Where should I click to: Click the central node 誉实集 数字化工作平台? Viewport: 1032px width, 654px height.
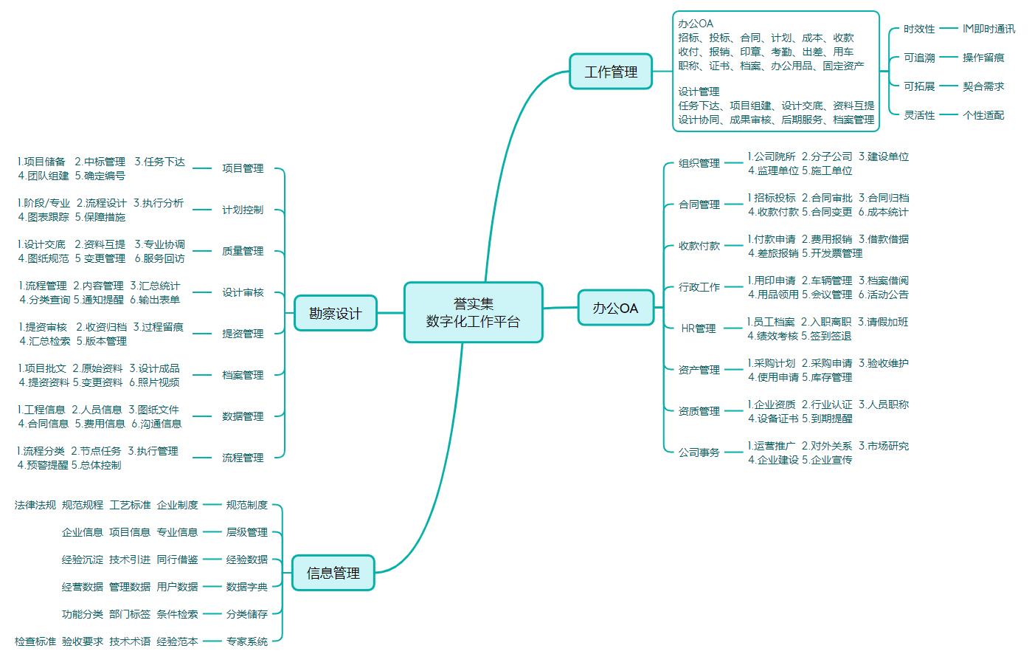[x=473, y=312]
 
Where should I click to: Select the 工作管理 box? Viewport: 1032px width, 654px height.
[x=611, y=72]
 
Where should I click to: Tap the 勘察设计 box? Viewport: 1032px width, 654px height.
[x=335, y=313]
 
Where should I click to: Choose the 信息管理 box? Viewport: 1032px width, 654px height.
[x=333, y=573]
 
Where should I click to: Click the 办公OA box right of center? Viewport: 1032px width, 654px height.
[x=615, y=308]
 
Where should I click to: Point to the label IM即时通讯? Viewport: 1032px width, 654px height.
[x=988, y=29]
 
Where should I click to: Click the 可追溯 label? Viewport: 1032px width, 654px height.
[x=919, y=58]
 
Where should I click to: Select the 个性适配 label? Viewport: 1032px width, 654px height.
[x=983, y=115]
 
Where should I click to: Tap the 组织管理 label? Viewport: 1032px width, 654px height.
[x=699, y=163]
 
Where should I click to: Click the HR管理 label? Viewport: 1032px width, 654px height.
[x=699, y=328]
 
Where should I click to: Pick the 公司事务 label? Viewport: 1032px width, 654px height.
[x=699, y=452]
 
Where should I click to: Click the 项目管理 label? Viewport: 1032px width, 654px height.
[x=243, y=168]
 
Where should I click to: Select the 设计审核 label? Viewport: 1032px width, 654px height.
[x=243, y=292]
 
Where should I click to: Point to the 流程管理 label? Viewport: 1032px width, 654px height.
[x=243, y=458]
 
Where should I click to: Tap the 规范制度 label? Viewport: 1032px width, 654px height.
[x=246, y=505]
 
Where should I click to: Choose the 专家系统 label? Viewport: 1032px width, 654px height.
[x=246, y=641]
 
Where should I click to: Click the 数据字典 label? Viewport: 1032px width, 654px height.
[x=246, y=587]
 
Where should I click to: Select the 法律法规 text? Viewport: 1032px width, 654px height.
[x=35, y=505]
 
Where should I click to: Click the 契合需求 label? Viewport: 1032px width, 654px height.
[x=983, y=86]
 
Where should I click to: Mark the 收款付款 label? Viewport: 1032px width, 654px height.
[x=699, y=246]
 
